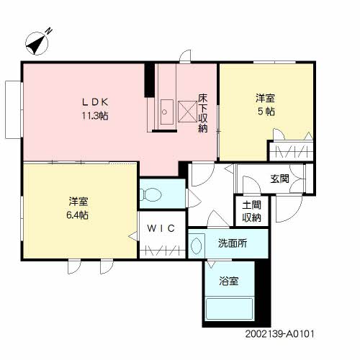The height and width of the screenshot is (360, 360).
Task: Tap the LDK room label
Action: click(94, 102)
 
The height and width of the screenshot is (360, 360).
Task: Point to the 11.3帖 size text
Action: click(94, 115)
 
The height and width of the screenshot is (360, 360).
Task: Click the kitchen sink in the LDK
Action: click(164, 111)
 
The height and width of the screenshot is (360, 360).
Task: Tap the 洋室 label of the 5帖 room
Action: click(264, 98)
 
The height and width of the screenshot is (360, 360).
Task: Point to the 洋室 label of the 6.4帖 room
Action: click(79, 200)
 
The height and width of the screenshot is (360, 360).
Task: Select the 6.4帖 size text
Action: click(79, 214)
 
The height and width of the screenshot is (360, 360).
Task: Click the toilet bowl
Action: click(152, 194)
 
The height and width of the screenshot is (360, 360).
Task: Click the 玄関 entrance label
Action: click(280, 178)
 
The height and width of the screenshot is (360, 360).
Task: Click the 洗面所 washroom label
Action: click(232, 243)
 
